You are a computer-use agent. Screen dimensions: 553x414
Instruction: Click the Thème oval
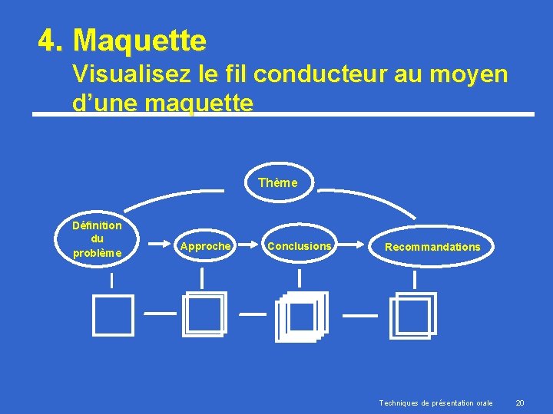tap(278, 182)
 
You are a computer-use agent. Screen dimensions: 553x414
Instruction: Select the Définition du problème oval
tap(97, 239)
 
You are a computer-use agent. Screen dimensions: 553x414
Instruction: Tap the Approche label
tap(204, 246)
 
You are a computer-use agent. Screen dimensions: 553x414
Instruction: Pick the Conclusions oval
tap(299, 246)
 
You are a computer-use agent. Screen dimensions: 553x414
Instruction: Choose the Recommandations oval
tap(432, 247)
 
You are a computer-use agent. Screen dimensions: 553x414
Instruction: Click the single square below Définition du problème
tap(113, 315)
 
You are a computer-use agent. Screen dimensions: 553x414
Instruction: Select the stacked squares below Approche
tap(204, 314)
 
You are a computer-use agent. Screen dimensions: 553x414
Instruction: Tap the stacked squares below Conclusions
tap(301, 316)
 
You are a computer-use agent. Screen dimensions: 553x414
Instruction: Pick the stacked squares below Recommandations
tap(412, 314)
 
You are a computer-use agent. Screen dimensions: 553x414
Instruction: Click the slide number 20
tap(519, 403)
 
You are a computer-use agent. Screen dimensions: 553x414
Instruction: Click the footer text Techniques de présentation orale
tap(435, 403)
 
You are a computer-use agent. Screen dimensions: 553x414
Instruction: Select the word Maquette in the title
tap(141, 40)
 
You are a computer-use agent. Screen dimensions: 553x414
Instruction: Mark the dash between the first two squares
tap(160, 313)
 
